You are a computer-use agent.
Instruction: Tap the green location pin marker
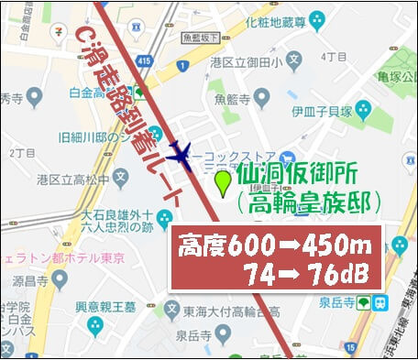coord(222,184)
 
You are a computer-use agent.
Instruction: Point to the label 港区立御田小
coord(243,63)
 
